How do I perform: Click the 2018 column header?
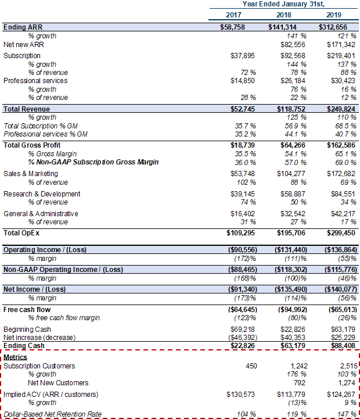click(283, 15)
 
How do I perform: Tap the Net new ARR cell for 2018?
click(293, 45)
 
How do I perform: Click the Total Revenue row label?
click(27, 109)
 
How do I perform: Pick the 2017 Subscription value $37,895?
click(243, 56)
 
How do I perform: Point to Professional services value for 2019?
click(343, 81)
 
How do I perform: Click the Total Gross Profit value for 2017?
click(243, 145)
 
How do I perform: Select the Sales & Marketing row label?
click(31, 174)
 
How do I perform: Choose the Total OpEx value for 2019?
click(341, 233)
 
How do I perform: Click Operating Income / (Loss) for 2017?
click(243, 250)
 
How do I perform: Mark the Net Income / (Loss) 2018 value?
click(291, 289)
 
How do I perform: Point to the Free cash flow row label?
click(27, 309)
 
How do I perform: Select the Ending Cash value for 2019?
click(343, 346)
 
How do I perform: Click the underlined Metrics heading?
click(15, 357)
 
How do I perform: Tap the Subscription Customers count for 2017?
click(251, 366)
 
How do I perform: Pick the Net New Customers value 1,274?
click(347, 382)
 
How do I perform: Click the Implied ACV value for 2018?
click(291, 395)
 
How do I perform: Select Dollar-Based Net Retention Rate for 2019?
click(347, 414)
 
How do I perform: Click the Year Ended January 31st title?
click(283, 4)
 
